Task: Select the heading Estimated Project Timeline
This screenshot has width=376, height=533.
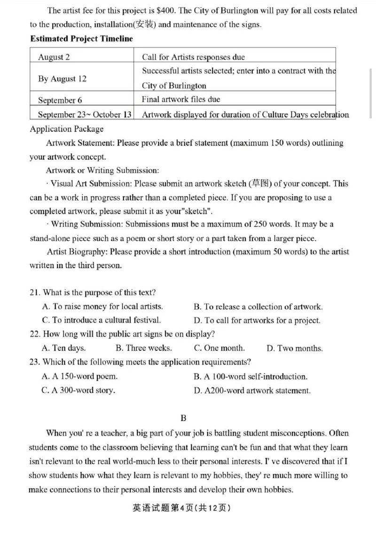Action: pos(81,39)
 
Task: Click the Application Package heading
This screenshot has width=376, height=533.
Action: pos(66,129)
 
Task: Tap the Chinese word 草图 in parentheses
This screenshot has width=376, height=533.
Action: pos(261,184)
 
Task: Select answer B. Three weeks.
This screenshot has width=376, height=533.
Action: pos(143,348)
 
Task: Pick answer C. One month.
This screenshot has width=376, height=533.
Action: pos(219,348)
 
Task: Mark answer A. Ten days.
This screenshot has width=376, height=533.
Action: pos(63,348)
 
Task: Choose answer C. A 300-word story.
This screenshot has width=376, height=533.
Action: pos(78,390)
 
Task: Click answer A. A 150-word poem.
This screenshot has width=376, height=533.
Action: pos(79,376)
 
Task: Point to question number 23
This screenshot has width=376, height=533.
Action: pos(34,362)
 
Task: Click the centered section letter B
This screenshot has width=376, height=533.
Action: pos(183,418)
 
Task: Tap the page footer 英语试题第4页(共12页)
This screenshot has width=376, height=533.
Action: pos(181,509)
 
